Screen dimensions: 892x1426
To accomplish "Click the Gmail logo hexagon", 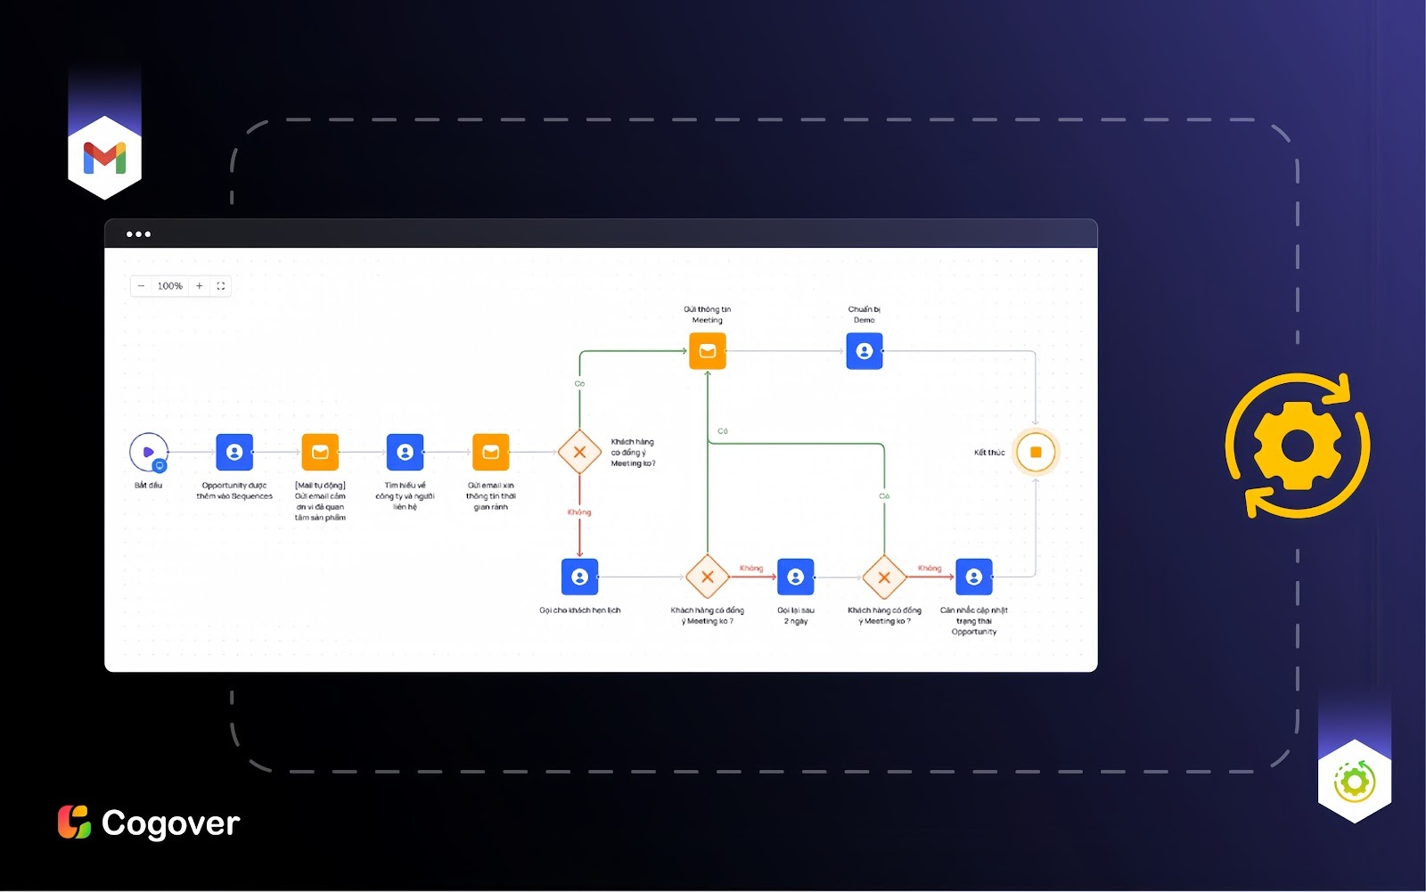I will pos(104,158).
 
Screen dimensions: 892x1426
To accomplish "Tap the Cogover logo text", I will pos(170,823).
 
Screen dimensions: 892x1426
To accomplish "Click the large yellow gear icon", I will pos(1297,446).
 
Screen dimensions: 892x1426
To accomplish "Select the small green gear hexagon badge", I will pos(1354,782).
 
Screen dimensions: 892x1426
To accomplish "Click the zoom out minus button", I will pos(142,286).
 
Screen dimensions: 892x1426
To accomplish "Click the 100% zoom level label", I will pos(169,286).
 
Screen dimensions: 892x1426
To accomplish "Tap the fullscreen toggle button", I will pos(221,286).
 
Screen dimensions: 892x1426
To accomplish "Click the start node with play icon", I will pos(148,453).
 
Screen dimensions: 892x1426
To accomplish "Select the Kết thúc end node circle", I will pos(1036,453).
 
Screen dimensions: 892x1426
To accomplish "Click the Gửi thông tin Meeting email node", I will pos(708,351).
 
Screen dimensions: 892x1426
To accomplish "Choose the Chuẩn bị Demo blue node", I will pos(864,351).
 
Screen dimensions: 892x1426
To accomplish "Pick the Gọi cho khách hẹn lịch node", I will pos(579,577).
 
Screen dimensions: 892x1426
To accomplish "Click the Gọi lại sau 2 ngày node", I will pos(795,577).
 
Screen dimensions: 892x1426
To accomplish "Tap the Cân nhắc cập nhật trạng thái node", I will pos(973,577).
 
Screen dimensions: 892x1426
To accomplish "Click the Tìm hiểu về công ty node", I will pos(405,453).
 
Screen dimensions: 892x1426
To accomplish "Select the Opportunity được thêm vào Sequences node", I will pos(234,453).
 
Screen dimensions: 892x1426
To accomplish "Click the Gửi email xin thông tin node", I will pos(490,453).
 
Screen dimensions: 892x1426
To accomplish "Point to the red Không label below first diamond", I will pos(579,512).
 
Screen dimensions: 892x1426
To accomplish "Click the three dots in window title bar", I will pos(138,234).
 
